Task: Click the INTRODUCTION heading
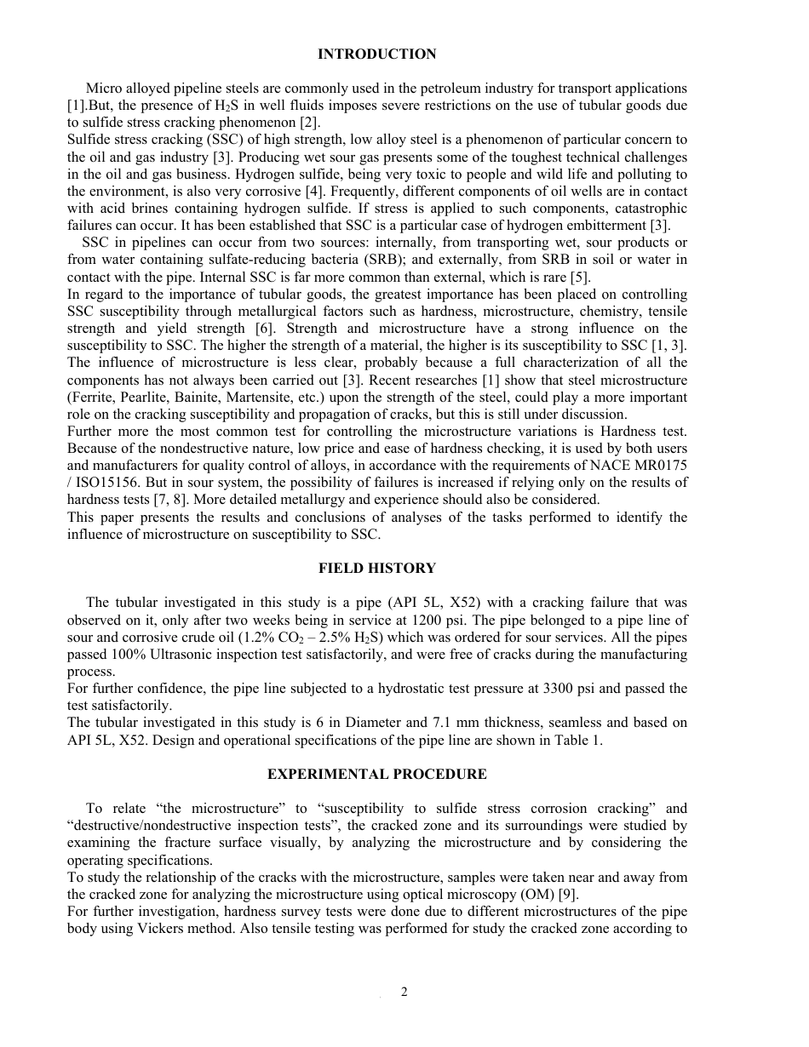coord(376,54)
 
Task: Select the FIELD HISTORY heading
coord(376,568)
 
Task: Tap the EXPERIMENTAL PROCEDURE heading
coord(376,774)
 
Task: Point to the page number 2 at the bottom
coord(404,992)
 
